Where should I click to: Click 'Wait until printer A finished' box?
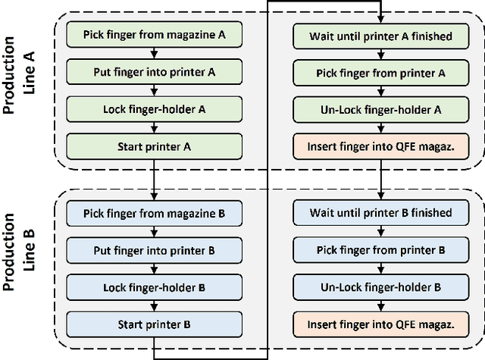[x=380, y=35]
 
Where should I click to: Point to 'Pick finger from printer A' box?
[x=380, y=71]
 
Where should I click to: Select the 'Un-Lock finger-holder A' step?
[x=380, y=108]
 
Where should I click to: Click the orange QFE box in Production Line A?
[x=380, y=144]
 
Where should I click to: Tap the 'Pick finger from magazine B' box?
[x=155, y=213]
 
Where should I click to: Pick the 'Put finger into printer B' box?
[x=155, y=249]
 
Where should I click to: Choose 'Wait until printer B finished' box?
[x=380, y=213]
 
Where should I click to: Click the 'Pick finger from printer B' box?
[x=380, y=249]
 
